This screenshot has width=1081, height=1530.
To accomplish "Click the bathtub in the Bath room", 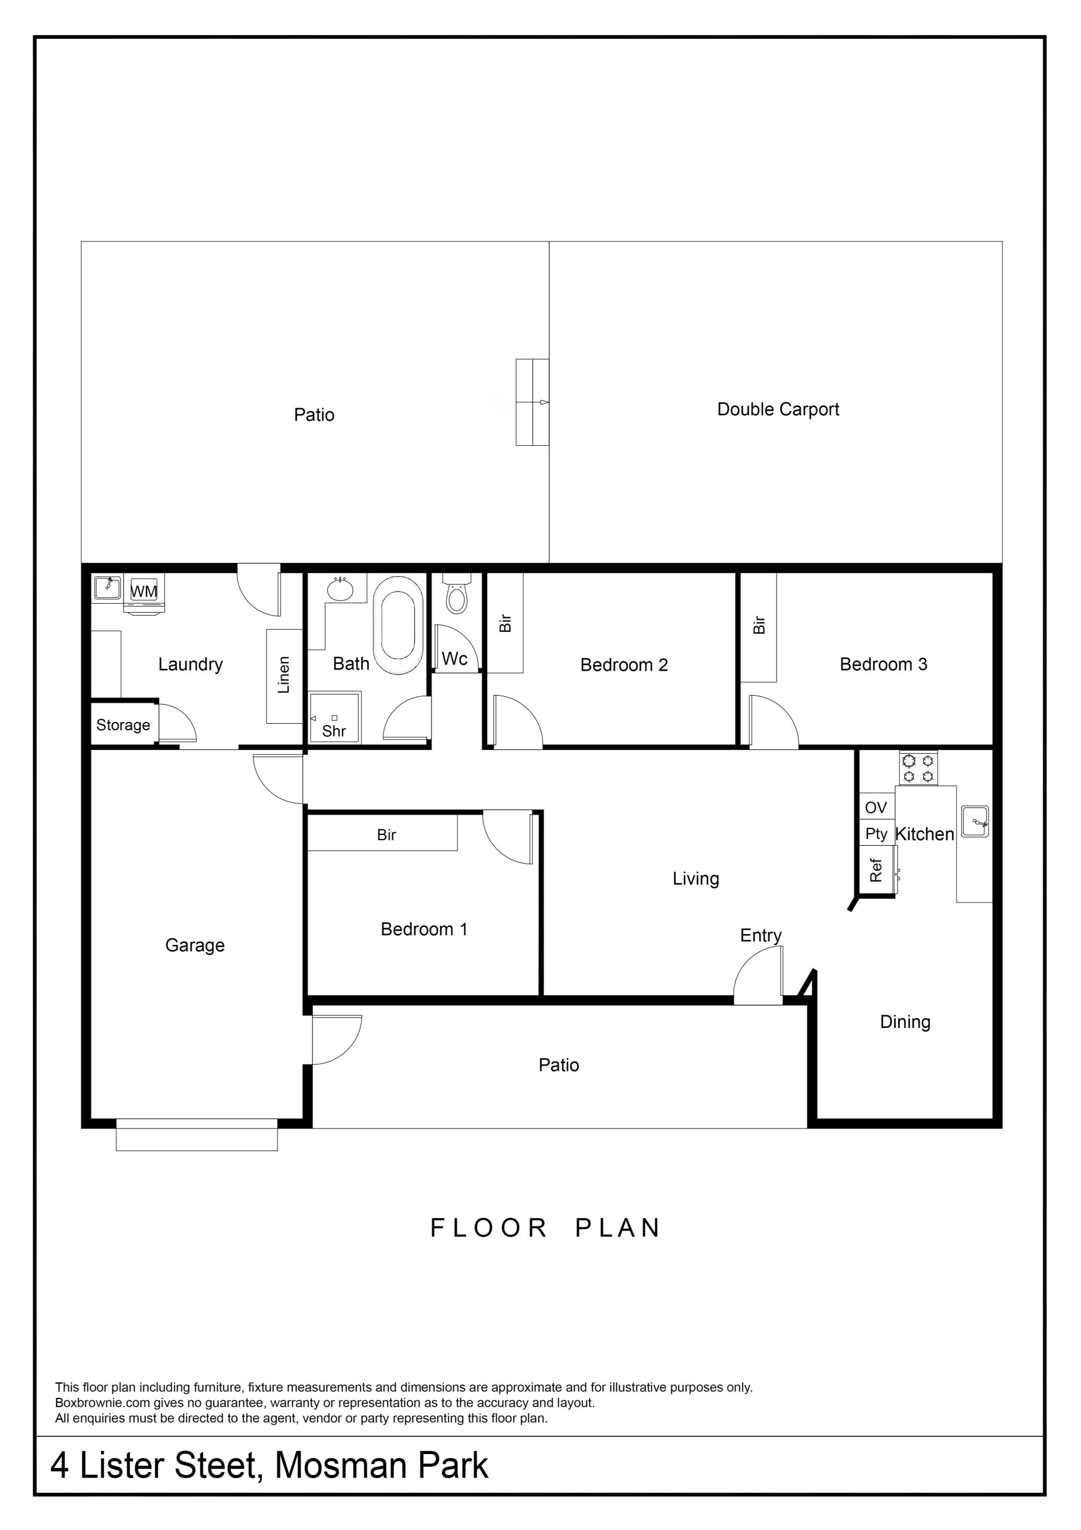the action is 398,625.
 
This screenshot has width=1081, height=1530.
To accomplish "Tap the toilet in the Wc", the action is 457,593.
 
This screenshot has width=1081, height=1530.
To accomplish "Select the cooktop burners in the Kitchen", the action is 918,767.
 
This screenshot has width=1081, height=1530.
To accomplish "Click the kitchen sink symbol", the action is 975,821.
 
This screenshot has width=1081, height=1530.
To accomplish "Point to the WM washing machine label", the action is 144,591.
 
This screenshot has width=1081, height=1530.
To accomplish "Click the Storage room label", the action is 123,725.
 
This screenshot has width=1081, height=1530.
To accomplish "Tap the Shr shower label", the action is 334,731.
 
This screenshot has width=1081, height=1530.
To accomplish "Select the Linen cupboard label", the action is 284,675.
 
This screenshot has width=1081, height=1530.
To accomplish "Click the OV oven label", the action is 876,807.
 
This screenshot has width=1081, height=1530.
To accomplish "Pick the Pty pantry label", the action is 877,834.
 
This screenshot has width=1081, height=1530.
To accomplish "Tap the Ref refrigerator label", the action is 876,870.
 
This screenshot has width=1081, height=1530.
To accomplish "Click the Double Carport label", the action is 778,409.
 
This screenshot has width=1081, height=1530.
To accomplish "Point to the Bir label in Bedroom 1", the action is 387,835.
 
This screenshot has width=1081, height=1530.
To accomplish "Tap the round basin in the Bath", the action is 340,590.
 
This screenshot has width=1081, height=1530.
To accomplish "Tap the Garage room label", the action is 194,945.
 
